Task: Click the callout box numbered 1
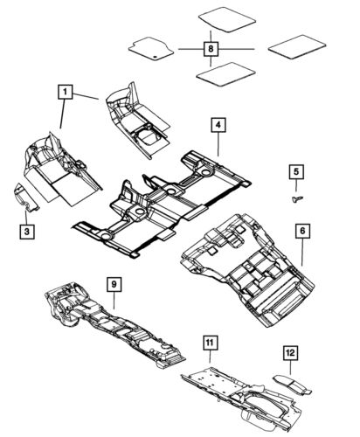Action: (66, 91)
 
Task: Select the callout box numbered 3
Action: (28, 231)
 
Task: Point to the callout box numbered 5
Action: (296, 171)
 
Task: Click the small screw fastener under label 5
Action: (296, 198)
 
